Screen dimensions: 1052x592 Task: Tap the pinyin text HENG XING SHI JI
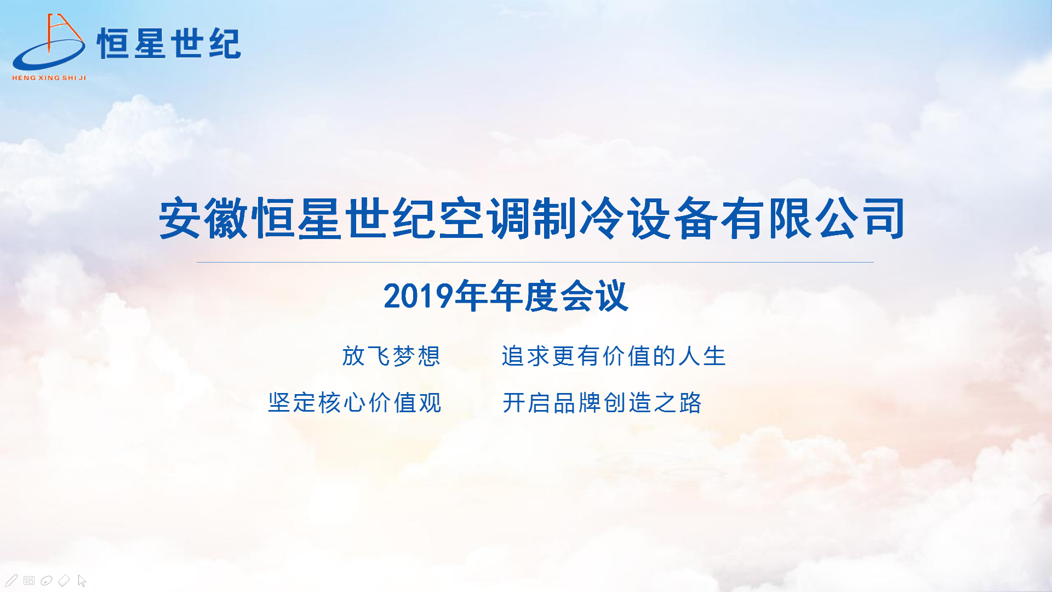49,78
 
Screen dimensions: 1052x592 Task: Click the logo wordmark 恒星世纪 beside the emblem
169,43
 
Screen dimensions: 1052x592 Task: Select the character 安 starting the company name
180,219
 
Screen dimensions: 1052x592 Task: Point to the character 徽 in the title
227,219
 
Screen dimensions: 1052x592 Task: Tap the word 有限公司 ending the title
813,219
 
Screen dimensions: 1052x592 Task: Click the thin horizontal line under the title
535,263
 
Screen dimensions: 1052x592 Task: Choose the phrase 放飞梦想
391,356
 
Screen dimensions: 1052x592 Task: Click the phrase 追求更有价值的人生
614,356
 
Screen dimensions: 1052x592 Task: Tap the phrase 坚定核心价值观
355,403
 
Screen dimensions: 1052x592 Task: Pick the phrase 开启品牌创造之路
602,403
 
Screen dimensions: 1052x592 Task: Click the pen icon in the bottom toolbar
12,580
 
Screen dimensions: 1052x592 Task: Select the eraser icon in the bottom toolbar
64,580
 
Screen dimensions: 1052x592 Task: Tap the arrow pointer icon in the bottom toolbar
82,580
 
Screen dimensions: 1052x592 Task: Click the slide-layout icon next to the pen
29,580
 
